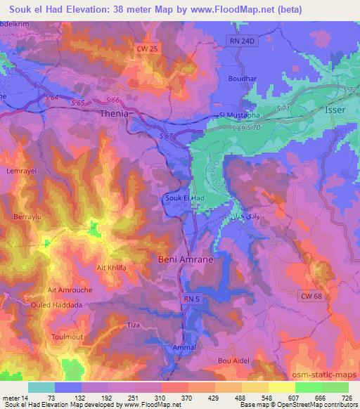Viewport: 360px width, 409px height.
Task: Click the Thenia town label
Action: click(x=116, y=113)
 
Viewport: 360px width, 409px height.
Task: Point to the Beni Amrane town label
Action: click(x=185, y=259)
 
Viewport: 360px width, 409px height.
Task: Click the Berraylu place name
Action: click(x=27, y=218)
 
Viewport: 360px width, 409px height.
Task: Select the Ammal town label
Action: click(x=184, y=348)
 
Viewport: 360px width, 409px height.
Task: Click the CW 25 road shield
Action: click(x=145, y=47)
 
